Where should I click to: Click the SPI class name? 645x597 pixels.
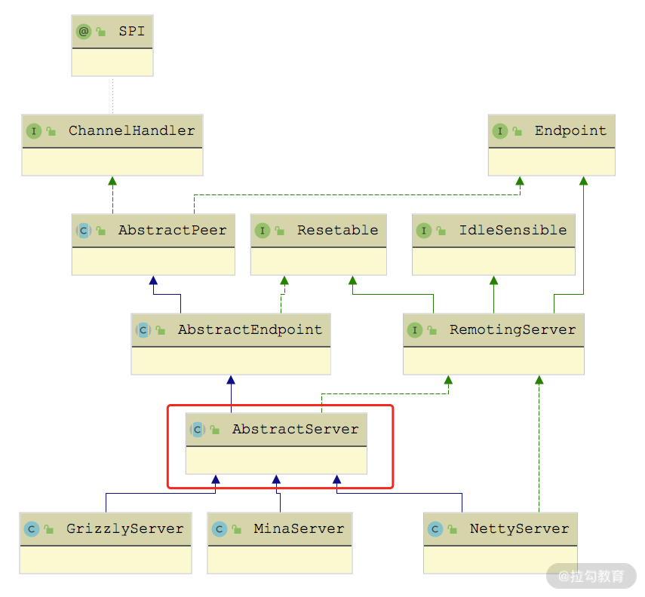point(131,32)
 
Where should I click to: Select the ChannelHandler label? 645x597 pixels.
point(131,130)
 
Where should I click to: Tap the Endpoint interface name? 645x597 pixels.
point(570,130)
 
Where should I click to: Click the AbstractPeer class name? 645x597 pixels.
point(172,230)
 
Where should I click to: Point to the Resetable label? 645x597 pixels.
point(337,230)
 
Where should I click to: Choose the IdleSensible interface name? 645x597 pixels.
point(513,230)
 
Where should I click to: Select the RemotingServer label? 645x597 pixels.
point(512,329)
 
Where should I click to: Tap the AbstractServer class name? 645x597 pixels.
point(295,429)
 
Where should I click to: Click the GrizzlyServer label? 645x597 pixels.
point(124,528)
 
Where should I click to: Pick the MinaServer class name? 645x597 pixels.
point(299,528)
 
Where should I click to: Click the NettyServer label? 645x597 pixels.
point(519,528)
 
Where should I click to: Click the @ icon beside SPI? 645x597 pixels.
point(83,32)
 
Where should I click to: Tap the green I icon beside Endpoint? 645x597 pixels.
point(499,130)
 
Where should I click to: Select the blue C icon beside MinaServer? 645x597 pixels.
point(220,528)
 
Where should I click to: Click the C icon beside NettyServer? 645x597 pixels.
point(435,528)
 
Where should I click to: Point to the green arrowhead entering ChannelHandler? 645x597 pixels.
point(112,181)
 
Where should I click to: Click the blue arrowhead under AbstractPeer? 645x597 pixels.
point(153,280)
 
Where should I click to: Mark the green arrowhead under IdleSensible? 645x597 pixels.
point(494,280)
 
